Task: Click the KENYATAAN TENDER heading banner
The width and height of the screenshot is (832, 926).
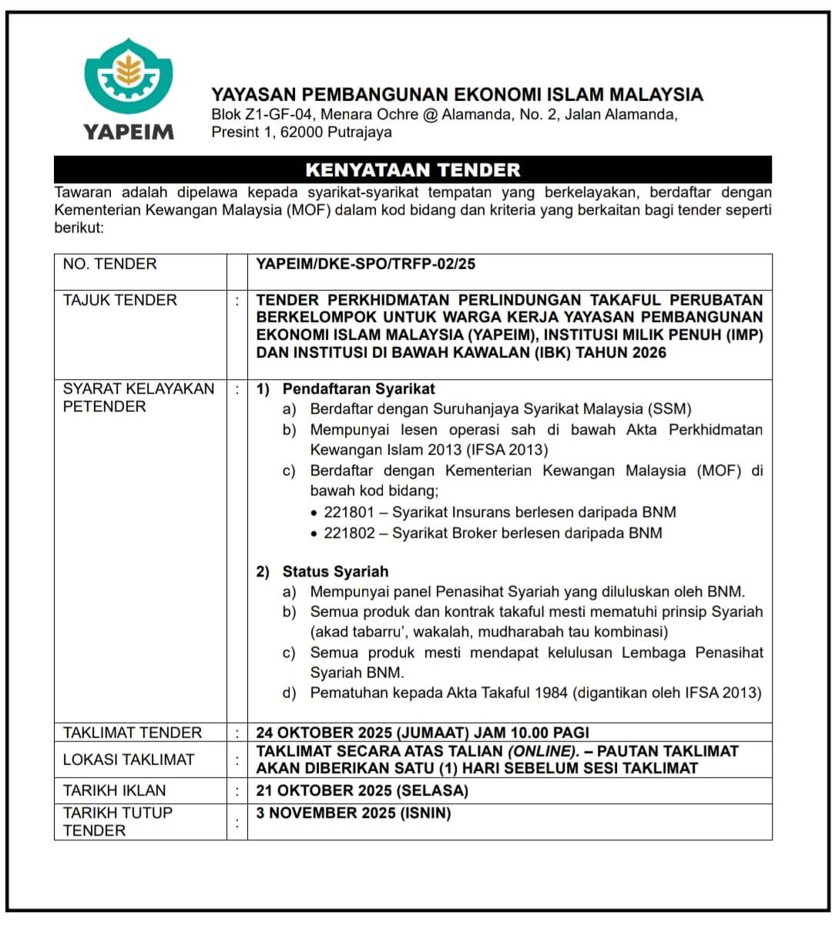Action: pyautogui.click(x=412, y=170)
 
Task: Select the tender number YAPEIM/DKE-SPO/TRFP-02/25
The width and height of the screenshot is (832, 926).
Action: pyautogui.click(x=366, y=264)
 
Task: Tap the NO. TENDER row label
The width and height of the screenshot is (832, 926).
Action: pyautogui.click(x=109, y=264)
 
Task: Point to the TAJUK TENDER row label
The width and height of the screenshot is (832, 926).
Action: pyautogui.click(x=119, y=300)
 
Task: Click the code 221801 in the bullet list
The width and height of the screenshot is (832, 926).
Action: pyautogui.click(x=349, y=512)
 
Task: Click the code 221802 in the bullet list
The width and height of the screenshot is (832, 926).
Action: pyautogui.click(x=349, y=533)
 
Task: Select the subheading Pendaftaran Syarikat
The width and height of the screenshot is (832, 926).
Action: pyautogui.click(x=358, y=389)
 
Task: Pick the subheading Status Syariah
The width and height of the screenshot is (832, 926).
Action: pyautogui.click(x=335, y=571)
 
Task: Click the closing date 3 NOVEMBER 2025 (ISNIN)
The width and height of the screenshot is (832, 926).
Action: pyautogui.click(x=354, y=813)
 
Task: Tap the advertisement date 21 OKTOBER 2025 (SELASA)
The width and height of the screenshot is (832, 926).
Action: pyautogui.click(x=362, y=790)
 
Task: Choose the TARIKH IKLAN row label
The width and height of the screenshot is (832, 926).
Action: pyautogui.click(x=114, y=790)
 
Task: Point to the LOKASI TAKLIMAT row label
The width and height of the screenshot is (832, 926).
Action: pyautogui.click(x=128, y=759)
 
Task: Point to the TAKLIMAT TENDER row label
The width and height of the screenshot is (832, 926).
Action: pyautogui.click(x=132, y=732)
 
